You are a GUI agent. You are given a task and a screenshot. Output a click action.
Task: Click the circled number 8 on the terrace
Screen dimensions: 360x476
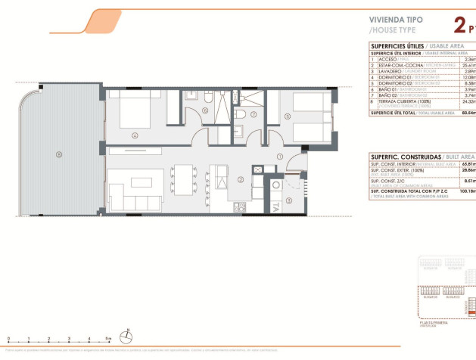click(x=58, y=156)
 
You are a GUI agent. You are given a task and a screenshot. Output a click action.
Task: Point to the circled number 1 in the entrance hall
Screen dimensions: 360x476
click(x=279, y=157)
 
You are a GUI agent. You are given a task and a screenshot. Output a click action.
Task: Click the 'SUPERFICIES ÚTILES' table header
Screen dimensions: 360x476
click(x=394, y=45)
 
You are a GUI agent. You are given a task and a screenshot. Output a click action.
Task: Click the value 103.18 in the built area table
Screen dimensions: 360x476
click(x=468, y=192)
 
